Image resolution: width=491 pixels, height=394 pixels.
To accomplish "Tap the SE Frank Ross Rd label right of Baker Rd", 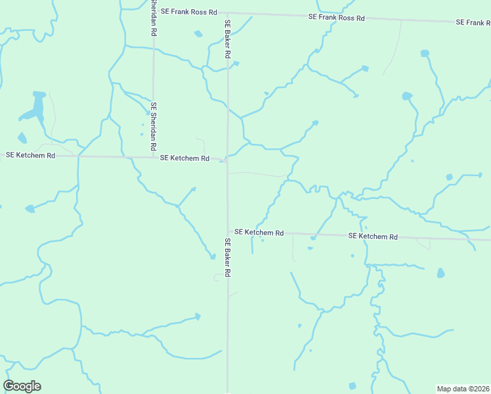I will [x=336, y=18].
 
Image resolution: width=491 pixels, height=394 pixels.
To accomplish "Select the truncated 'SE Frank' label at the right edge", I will [x=473, y=22].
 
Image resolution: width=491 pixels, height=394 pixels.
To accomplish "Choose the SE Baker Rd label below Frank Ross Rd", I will [x=227, y=39].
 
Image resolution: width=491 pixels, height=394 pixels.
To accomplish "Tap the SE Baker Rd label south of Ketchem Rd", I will [x=228, y=257].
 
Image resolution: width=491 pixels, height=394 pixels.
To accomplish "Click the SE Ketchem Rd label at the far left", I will [x=29, y=156].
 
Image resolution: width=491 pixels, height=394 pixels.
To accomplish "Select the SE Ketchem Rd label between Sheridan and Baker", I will [x=184, y=158].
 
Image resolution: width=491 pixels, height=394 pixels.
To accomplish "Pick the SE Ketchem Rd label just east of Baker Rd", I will [x=259, y=232].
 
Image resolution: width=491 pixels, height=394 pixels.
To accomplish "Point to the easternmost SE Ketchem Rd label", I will [x=373, y=236].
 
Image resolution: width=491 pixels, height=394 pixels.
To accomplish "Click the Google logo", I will [x=22, y=386].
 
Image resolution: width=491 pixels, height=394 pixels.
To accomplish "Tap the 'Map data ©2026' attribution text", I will [x=463, y=388].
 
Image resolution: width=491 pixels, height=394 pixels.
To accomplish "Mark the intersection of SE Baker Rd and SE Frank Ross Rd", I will [x=228, y=12].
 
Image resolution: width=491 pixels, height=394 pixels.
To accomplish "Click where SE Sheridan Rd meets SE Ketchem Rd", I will [x=154, y=157].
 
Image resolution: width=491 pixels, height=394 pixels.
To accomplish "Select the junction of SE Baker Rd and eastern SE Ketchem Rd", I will [x=228, y=232].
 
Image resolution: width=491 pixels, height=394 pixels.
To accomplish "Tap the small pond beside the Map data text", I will [x=352, y=385].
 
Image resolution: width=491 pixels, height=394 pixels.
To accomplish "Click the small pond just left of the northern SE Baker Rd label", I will [x=198, y=33].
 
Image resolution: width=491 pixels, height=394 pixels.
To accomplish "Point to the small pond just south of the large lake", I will [x=22, y=138].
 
